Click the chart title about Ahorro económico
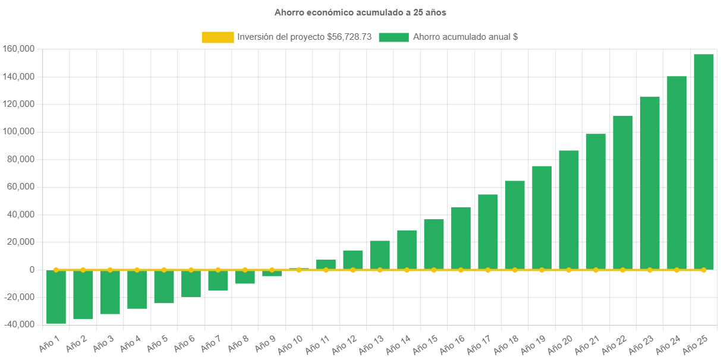coord(360,12)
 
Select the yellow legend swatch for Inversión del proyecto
coord(218,37)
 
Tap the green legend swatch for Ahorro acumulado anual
coord(393,37)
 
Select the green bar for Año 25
coord(703,160)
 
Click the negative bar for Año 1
coord(56,296)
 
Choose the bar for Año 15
coord(433,244)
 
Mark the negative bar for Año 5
coord(164,286)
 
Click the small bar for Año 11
coord(326,264)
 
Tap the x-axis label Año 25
coord(695,343)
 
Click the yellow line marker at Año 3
coord(110,270)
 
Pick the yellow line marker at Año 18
coord(515,270)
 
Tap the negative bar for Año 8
coord(245,277)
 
